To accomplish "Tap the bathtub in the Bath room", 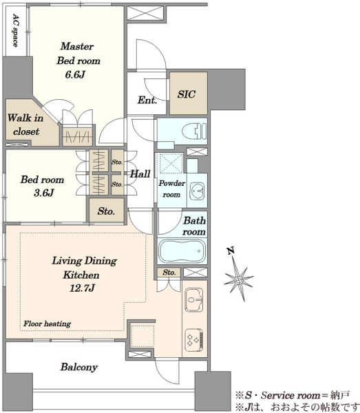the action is click(182, 251).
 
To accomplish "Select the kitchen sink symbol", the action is click(194, 300).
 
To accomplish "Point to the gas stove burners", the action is click(194, 340).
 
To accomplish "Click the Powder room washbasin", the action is click(197, 191).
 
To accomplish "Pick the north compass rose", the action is click(238, 279).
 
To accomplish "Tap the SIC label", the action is click(187, 94).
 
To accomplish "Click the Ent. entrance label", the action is click(147, 100).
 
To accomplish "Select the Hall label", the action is click(140, 173).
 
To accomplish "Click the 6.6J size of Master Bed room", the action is click(75, 75).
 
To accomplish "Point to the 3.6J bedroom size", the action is click(44, 193).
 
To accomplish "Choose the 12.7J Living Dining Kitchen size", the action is click(82, 288).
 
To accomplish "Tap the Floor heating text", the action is click(47, 324).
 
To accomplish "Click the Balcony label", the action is click(79, 367).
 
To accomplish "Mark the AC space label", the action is click(16, 30).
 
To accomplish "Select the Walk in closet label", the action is click(25, 125).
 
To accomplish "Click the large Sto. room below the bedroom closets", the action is click(107, 211).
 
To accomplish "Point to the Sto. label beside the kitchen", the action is click(169, 273).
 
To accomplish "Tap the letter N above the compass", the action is click(231, 251).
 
